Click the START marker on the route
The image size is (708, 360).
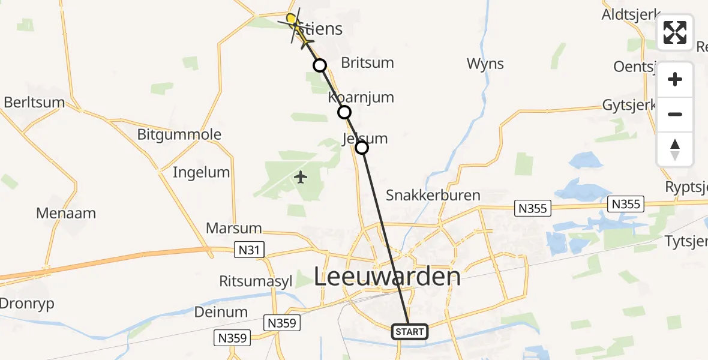coord(410,331)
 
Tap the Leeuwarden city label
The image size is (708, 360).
coord(388,277)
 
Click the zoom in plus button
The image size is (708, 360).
coord(675,80)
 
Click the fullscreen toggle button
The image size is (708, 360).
coord(675,32)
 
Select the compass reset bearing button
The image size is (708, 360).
coord(675,149)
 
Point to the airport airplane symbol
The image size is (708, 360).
coord(301,177)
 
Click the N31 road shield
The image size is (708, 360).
coord(248,250)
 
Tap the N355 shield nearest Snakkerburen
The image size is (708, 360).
coord(532,208)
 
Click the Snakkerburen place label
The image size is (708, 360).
coord(433,195)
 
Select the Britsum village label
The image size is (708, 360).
coord(367,62)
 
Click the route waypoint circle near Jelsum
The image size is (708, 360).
coord(362,147)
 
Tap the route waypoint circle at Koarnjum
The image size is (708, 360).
coord(344,112)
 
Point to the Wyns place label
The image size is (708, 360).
coord(485,64)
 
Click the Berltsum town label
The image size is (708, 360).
coord(34,102)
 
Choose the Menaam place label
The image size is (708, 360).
coord(66,213)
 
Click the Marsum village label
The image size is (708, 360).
coord(234,228)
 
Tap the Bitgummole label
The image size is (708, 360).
coord(179,134)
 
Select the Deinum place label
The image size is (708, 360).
coord(221,311)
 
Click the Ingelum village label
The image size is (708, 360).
coord(201,172)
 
